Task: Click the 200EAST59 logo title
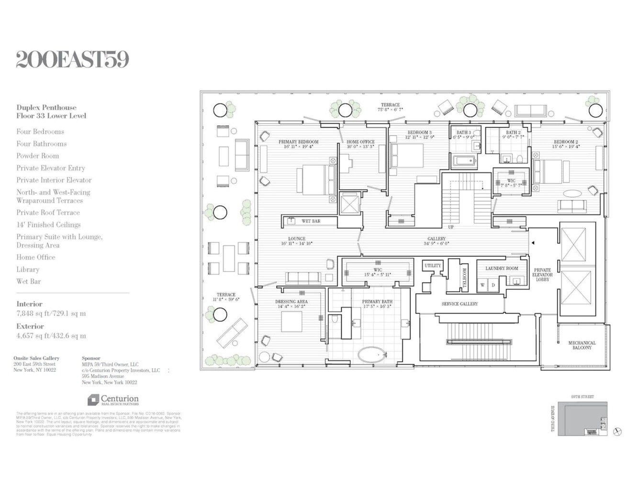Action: click(x=72, y=60)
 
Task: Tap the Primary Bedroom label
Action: click(x=298, y=142)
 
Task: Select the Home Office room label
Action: click(x=360, y=142)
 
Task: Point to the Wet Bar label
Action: click(x=311, y=221)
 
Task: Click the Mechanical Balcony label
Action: click(x=582, y=345)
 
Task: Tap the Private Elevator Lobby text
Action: click(x=543, y=274)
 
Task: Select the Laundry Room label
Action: click(x=502, y=268)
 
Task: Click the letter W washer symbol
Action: click(x=482, y=285)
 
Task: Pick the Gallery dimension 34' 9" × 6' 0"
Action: click(x=437, y=244)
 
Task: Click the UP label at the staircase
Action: click(x=450, y=227)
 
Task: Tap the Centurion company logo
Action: click(x=113, y=399)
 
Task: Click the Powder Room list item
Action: click(x=38, y=156)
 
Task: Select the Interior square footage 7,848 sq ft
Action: click(x=51, y=314)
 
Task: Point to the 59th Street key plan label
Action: click(x=582, y=397)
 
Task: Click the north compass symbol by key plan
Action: click(x=617, y=432)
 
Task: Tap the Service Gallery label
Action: click(x=459, y=304)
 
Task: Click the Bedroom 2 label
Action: click(x=566, y=142)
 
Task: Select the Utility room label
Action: click(x=433, y=265)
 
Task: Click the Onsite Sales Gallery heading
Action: click(x=36, y=358)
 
